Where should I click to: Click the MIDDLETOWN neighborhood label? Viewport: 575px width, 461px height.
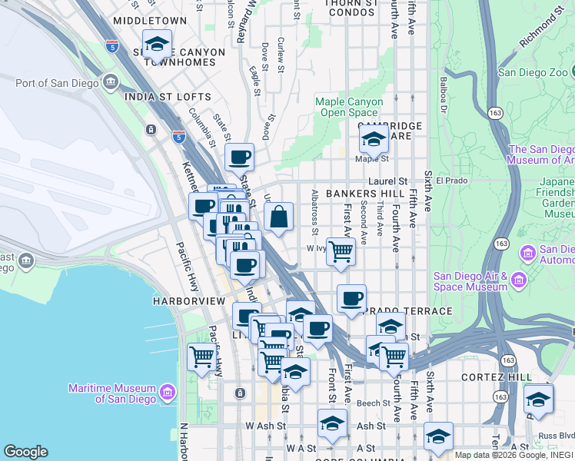point(149,20)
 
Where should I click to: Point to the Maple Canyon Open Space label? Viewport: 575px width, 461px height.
point(347,108)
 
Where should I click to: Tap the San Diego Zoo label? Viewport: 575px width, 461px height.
point(536,73)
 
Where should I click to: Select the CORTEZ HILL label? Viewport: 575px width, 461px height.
point(496,377)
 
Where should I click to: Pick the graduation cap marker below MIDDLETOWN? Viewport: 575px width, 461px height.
point(157,45)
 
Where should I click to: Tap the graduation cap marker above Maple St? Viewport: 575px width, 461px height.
point(374,140)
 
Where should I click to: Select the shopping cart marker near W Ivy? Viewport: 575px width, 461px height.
point(341,251)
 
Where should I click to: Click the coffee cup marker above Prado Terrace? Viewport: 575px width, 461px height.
point(351,299)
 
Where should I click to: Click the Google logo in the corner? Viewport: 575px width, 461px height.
point(25,452)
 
